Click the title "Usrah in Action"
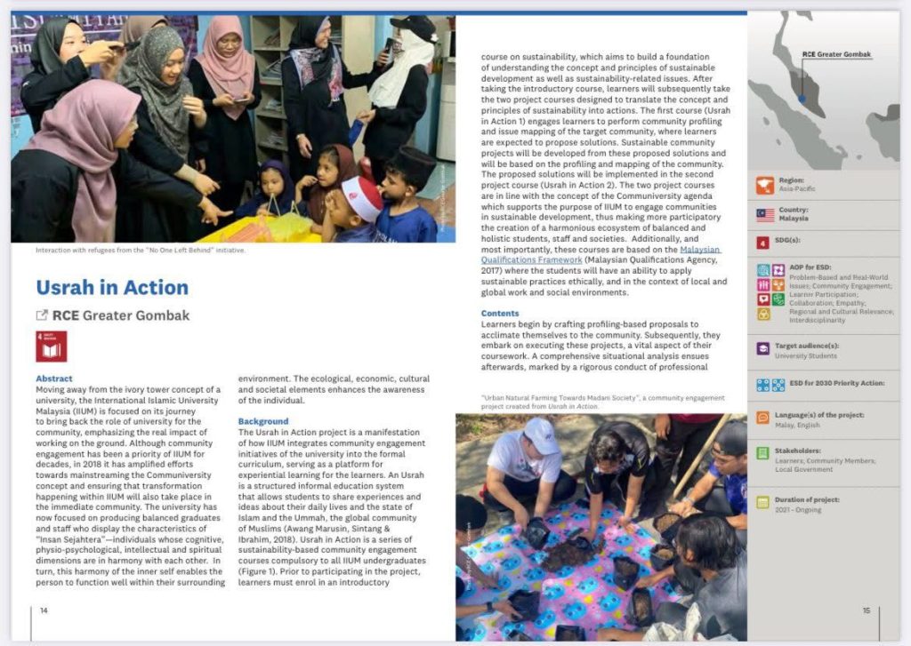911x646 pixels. pyautogui.click(x=112, y=288)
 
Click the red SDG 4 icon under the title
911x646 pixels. pyautogui.click(x=51, y=347)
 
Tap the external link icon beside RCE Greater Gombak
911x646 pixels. pyautogui.click(x=41, y=315)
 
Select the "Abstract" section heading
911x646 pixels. pyautogui.click(x=54, y=379)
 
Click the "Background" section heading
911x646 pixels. pyautogui.click(x=263, y=421)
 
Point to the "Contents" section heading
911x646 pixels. pyautogui.click(x=500, y=314)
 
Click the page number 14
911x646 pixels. pyautogui.click(x=44, y=610)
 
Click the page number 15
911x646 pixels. pyautogui.click(x=866, y=610)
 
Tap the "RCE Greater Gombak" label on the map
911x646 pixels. pyautogui.click(x=836, y=54)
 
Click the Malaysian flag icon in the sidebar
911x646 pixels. pyautogui.click(x=764, y=214)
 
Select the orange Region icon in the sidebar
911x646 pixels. pyautogui.click(x=764, y=185)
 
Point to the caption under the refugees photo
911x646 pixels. pyautogui.click(x=141, y=250)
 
